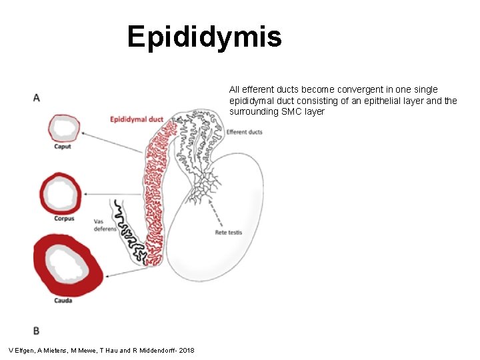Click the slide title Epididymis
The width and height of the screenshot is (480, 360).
tap(205, 37)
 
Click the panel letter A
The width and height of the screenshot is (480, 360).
tap(36, 98)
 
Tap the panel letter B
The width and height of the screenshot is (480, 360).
tap(36, 331)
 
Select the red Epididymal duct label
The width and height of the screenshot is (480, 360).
tap(137, 119)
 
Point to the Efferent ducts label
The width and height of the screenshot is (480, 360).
tap(244, 132)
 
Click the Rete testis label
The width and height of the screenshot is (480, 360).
tap(228, 233)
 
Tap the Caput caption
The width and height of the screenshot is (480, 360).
tap(63, 147)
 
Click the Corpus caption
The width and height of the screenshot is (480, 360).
tap(64, 219)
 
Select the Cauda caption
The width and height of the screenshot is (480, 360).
tap(63, 300)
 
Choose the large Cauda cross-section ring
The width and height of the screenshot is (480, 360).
tap(69, 265)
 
